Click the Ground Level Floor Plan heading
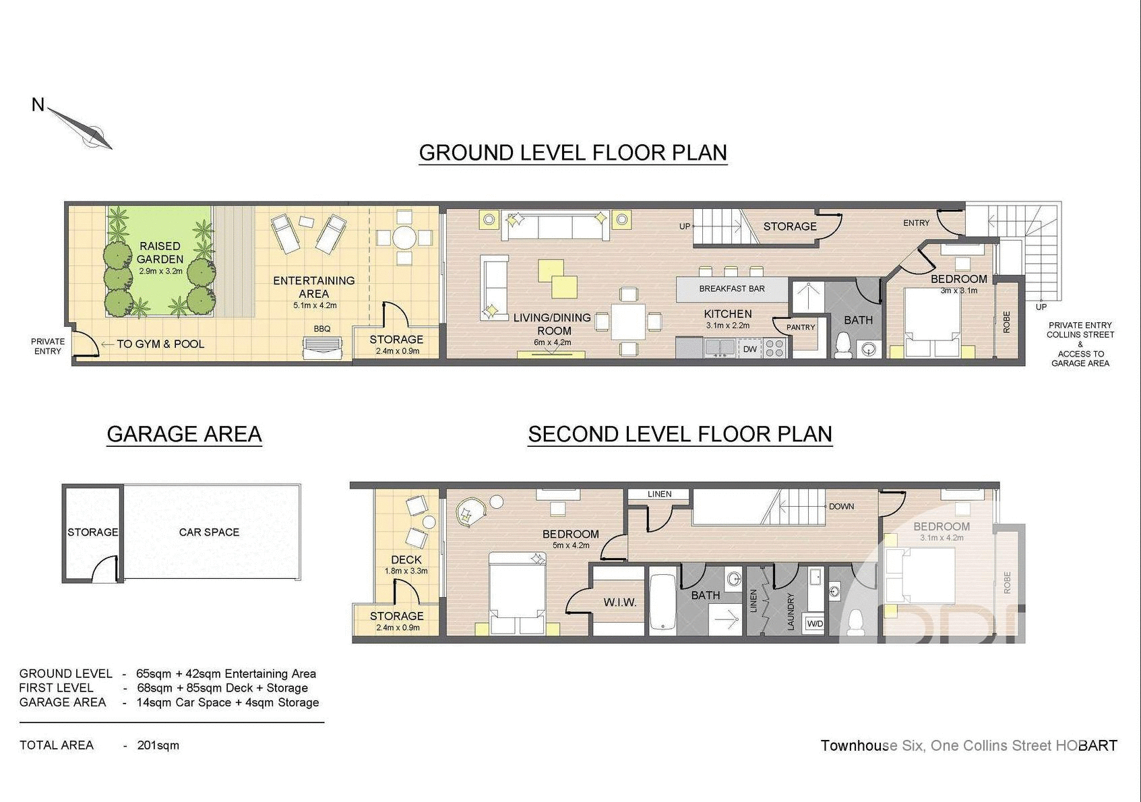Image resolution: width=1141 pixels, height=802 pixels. (573, 152)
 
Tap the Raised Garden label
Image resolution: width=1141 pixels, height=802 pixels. (160, 253)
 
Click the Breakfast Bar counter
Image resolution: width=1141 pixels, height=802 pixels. (731, 288)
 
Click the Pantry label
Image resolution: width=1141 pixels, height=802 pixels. (801, 328)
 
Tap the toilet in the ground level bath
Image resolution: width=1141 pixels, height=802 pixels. (843, 345)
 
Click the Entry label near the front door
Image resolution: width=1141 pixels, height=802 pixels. (916, 223)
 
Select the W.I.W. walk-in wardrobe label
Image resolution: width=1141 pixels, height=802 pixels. (620, 603)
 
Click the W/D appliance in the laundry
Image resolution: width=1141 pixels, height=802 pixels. (815, 623)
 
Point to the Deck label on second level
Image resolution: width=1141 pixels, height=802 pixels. (406, 560)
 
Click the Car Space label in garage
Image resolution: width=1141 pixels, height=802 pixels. (209, 532)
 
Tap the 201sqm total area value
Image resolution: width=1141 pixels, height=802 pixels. (158, 745)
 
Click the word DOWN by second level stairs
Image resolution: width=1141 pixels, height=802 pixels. (841, 506)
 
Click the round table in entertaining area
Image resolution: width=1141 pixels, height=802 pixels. (404, 237)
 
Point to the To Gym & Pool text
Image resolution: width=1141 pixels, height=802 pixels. (160, 344)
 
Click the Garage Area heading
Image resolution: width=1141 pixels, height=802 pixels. (184, 434)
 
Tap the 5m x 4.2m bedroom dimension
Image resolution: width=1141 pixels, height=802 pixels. (571, 545)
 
